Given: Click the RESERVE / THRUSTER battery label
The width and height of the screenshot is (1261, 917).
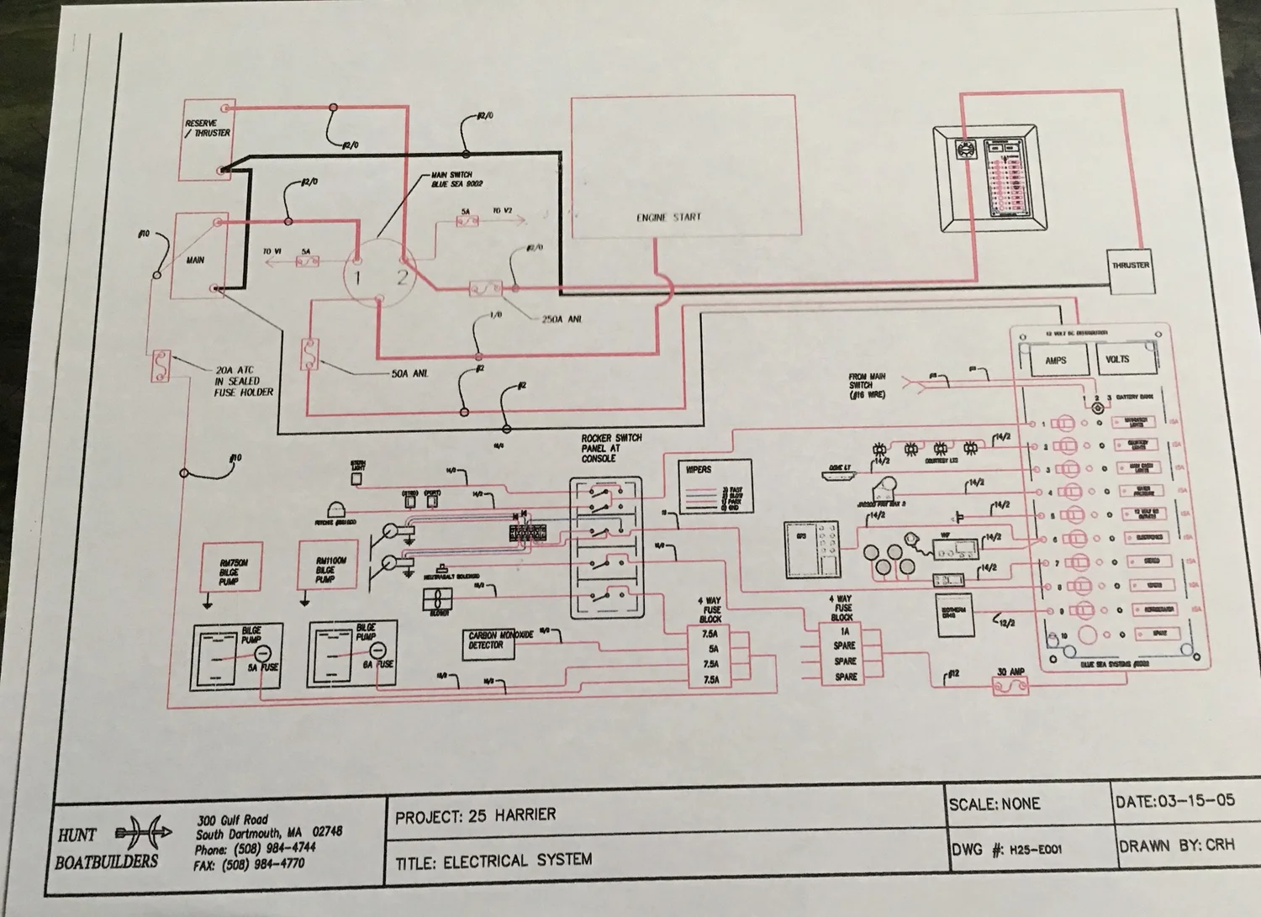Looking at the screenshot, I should pos(207,128).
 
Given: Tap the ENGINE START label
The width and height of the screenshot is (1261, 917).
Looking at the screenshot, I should pos(668,217).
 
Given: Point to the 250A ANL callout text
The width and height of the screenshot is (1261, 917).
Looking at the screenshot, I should pos(562,319).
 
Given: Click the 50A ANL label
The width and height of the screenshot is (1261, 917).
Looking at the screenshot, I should pos(409,373).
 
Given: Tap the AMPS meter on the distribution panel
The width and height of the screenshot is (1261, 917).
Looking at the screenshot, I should pos(1055,360).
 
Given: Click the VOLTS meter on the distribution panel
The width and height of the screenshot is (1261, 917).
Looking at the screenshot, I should pos(1116,359).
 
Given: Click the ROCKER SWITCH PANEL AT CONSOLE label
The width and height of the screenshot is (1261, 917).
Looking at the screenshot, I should pos(610,449).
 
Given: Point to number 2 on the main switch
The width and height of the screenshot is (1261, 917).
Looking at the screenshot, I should pos(402,277).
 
